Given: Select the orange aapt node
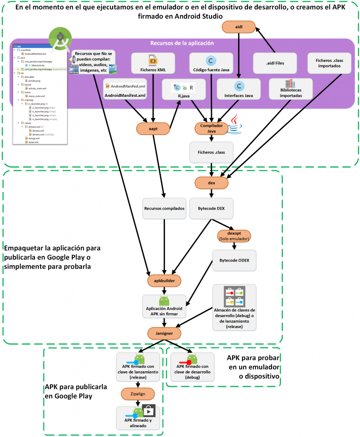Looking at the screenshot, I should (153, 128).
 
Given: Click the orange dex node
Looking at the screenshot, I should (212, 183).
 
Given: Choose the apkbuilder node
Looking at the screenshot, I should (164, 280).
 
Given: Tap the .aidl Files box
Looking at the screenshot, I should (275, 64).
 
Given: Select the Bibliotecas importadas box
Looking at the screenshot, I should (290, 89).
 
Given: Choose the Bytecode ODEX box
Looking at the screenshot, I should (234, 260).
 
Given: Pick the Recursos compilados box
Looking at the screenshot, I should (164, 209).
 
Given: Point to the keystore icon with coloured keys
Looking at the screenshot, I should (234, 296).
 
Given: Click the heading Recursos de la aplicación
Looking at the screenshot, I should (182, 43).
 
